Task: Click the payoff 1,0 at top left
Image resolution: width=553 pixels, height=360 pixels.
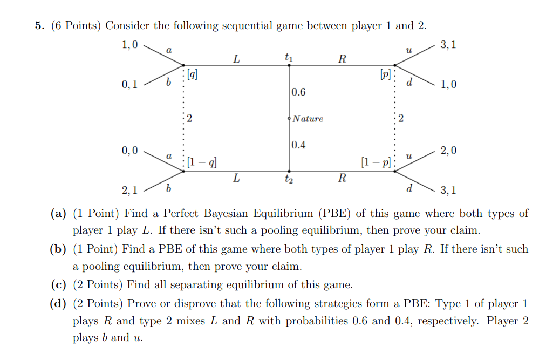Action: (130, 45)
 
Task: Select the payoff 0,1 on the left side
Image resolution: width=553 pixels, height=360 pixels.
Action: (130, 84)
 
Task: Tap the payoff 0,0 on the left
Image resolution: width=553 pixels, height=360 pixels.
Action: (130, 150)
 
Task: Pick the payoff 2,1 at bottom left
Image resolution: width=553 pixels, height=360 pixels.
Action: (130, 190)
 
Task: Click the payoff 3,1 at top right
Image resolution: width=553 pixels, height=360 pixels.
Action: (448, 45)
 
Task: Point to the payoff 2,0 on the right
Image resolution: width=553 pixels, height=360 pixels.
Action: (448, 151)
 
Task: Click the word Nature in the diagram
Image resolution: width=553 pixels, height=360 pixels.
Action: (308, 119)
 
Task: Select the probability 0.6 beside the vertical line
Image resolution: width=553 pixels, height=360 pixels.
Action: (298, 92)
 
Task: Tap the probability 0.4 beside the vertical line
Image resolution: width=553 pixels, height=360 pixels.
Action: (298, 145)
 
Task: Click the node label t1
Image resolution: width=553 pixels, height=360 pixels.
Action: (289, 56)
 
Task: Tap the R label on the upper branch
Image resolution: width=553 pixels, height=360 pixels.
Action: (342, 59)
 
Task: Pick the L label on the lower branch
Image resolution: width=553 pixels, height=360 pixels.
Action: (236, 178)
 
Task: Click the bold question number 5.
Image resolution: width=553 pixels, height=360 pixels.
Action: (39, 25)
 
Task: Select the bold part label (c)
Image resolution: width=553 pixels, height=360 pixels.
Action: (58, 285)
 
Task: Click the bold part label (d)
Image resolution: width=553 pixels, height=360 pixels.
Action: (58, 303)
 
